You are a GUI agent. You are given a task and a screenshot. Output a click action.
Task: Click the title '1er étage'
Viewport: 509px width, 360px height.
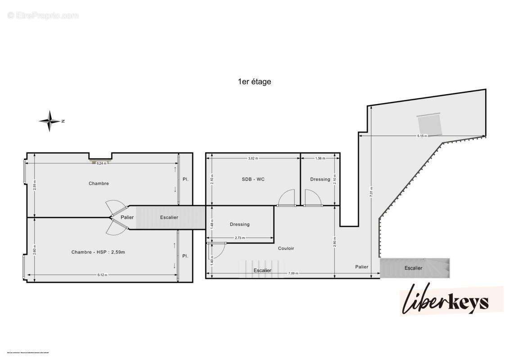254,82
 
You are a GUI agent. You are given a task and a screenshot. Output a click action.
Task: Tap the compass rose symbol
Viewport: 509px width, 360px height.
51,121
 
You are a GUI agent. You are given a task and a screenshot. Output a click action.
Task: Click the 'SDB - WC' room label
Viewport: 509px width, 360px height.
253,179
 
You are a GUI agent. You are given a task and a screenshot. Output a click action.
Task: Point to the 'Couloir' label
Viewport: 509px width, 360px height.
286,248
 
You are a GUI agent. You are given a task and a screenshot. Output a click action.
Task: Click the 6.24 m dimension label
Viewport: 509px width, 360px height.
102,163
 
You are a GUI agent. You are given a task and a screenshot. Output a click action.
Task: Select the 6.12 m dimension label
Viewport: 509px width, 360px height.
102,275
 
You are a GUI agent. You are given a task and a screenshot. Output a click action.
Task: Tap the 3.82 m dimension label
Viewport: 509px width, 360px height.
254,158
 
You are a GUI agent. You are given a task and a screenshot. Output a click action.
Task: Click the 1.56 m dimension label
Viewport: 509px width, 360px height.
320,158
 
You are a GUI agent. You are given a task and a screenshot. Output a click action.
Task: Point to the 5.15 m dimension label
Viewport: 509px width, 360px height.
422,136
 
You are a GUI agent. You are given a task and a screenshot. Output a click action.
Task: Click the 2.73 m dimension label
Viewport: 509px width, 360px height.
240,238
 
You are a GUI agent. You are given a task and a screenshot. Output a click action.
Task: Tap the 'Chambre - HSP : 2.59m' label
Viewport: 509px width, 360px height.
98,252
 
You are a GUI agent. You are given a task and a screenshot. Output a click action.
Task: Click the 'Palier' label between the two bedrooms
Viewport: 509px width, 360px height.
127,217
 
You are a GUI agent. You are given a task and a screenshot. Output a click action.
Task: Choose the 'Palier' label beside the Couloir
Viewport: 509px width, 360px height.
361,267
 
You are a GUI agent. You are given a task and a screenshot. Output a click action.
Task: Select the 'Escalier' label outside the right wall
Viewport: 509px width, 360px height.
413,268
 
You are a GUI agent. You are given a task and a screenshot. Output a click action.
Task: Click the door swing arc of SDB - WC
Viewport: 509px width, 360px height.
286,197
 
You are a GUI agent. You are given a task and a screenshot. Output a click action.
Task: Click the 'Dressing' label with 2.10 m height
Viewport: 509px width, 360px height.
320,179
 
